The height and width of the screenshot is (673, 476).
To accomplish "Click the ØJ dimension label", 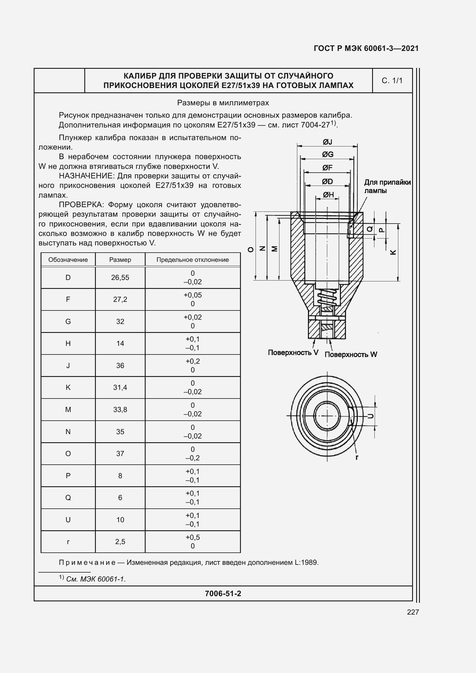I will [327, 142].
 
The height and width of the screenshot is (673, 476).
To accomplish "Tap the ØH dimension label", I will [328, 195].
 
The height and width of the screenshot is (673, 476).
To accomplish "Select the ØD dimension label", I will [327, 182].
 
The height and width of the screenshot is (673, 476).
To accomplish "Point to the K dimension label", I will [393, 252].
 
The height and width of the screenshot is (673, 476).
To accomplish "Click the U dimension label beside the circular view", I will [370, 416].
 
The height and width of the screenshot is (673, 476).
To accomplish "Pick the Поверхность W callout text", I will [351, 355].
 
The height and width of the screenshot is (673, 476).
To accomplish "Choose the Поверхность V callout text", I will [293, 353].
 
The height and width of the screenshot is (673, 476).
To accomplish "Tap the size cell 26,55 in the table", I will [120, 278].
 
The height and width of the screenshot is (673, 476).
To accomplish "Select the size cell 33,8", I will [120, 410].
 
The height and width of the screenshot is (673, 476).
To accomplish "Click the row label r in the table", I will [68, 542].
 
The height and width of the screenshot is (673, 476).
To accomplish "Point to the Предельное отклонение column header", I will [192, 260].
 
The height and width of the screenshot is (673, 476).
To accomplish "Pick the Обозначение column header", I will [68, 260].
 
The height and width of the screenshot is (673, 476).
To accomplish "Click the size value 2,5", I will [120, 542].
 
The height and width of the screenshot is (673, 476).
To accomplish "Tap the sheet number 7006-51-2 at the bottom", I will [223, 594].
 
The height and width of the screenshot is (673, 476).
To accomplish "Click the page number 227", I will [413, 612].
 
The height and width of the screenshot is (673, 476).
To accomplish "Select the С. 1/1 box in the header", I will [392, 81].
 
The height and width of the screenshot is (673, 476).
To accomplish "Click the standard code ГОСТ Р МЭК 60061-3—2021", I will [366, 48].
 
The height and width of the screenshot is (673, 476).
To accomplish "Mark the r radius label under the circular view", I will [357, 457].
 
